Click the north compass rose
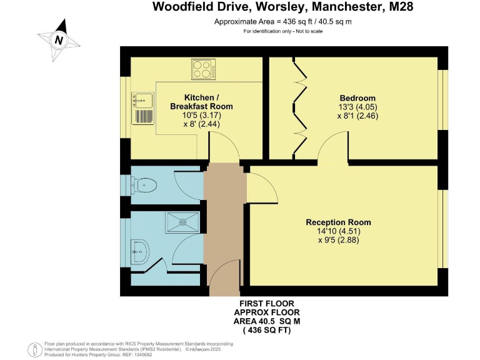59,39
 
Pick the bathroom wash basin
139,251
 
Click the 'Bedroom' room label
357,98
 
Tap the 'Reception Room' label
338,222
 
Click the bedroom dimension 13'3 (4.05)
357,107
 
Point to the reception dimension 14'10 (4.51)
339,231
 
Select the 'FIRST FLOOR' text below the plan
262,303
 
